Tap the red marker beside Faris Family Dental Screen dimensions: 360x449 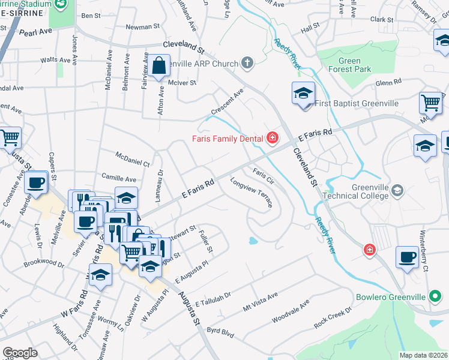[x=272, y=139]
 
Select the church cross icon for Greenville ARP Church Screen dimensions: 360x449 [x=247, y=63]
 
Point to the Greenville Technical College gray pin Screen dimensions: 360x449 [x=397, y=190]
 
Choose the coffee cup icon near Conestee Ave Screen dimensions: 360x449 [x=37, y=182]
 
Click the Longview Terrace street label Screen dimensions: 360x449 [x=252, y=192]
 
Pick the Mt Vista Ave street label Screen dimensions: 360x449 [x=261, y=302]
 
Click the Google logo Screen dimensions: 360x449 [x=20, y=352]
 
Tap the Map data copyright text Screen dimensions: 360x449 [x=423, y=355]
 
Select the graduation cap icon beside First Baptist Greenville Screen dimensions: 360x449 [x=304, y=94]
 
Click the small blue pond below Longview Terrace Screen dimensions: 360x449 [x=253, y=241]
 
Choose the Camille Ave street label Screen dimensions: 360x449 [x=119, y=179]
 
